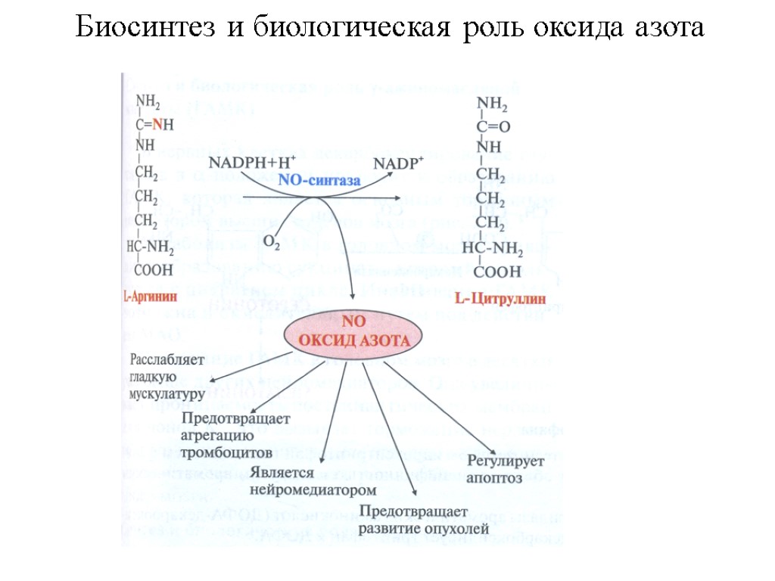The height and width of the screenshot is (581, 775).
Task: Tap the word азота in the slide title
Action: [x=667, y=30]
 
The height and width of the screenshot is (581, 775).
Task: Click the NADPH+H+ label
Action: [x=253, y=163]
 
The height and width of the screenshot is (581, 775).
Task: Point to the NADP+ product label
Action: [x=400, y=163]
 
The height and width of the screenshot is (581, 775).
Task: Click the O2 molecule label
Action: [x=272, y=242]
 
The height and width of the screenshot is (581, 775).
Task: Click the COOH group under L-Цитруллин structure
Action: [x=496, y=270]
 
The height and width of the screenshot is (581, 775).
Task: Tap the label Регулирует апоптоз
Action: [x=500, y=470]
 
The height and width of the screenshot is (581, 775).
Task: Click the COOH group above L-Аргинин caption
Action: [x=152, y=268]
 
